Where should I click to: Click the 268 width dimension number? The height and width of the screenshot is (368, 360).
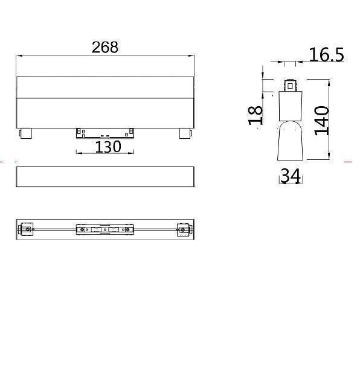click(x=105, y=47)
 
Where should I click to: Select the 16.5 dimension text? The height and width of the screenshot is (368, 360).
click(x=326, y=55)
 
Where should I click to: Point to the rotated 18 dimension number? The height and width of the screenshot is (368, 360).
click(x=257, y=114)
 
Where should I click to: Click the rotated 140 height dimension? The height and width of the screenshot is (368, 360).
click(x=321, y=120)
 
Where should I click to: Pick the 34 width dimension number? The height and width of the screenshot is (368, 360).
click(x=291, y=176)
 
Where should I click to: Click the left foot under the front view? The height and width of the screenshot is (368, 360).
click(x=25, y=133)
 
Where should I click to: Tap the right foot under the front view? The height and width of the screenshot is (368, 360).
click(x=185, y=133)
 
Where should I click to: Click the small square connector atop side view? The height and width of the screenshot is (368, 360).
click(x=291, y=85)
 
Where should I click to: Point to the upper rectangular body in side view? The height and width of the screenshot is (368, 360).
click(x=291, y=106)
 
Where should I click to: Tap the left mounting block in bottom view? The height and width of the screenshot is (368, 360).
click(x=26, y=229)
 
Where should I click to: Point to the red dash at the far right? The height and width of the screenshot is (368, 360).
click(x=347, y=162)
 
